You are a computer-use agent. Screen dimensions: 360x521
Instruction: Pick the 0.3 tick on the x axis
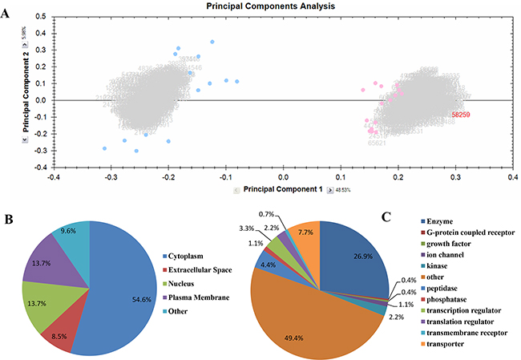[x=456, y=176]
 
